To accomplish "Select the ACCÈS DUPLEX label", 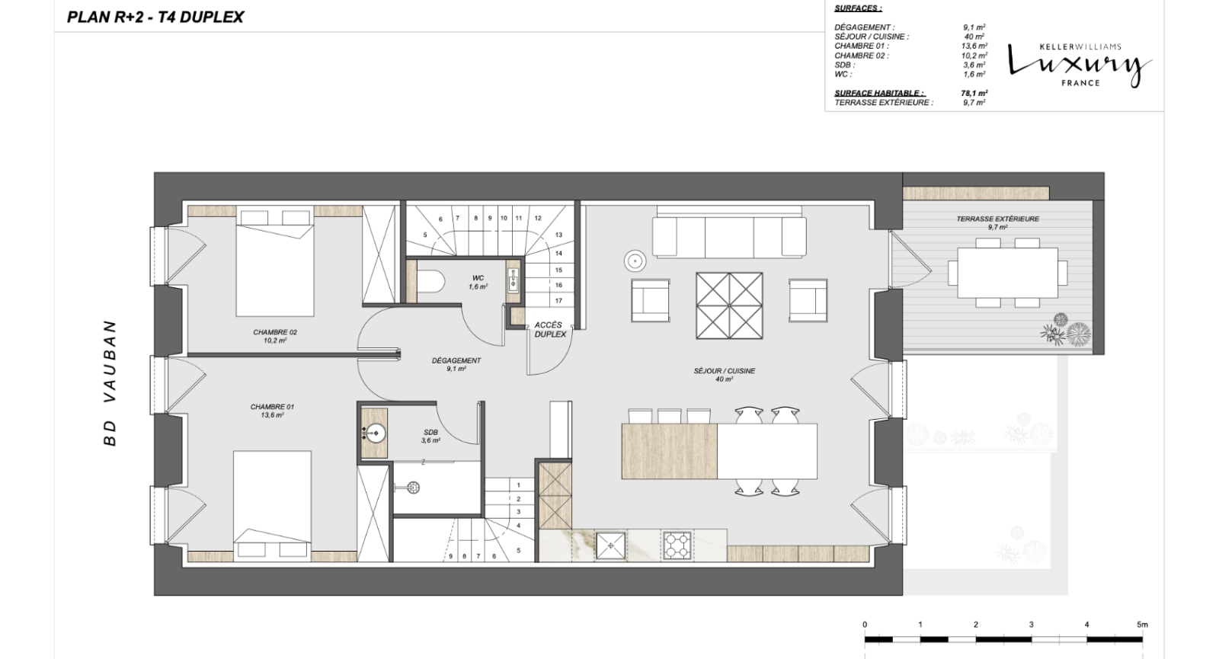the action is [549, 330].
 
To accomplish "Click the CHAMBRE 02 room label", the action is [275, 336].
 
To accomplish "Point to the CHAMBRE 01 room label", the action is [272, 411].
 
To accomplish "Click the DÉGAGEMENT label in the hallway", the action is [456, 365].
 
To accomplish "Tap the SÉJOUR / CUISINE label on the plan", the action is [724, 375].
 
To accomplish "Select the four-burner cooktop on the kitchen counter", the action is [677, 545].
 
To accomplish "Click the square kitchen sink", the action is [610, 545].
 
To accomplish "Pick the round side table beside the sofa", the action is [635, 261].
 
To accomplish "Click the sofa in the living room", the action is [729, 234].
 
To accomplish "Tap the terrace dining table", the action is [1007, 273].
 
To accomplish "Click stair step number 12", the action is [538, 218].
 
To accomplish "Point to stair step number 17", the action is [558, 300].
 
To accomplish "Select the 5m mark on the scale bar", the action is [1142, 625].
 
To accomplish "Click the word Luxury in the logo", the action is [1080, 66].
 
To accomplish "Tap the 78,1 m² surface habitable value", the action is [974, 93].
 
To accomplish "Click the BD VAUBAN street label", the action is [110, 383].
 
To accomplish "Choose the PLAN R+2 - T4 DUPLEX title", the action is [155, 17].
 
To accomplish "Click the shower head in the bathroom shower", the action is [413, 487].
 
